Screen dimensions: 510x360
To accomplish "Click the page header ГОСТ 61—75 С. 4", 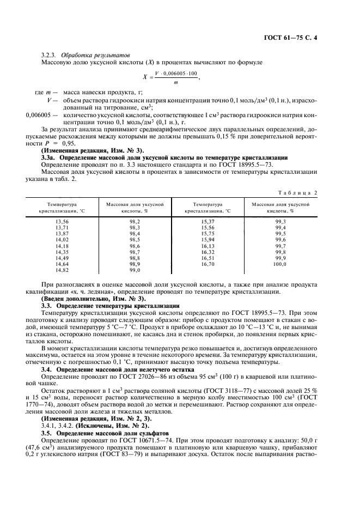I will coord(306,39).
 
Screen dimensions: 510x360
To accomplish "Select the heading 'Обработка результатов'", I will coord(95,56).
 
